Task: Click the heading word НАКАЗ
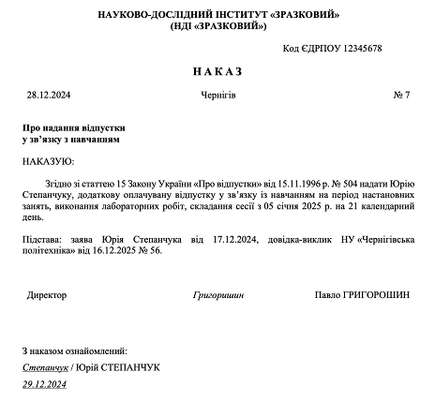217,71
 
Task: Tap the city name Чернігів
217,96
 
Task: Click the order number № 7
401,96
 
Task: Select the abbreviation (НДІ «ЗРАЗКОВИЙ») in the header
217,28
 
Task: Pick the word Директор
47,294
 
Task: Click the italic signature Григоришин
217,294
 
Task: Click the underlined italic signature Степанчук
45,366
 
